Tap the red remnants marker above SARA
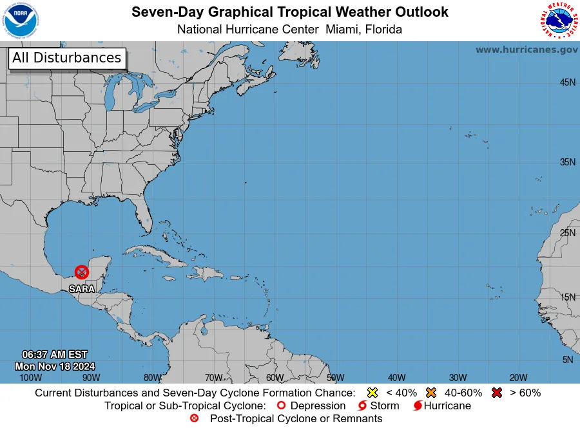click(x=82, y=272)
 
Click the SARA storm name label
click(x=82, y=289)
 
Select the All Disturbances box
click(x=66, y=58)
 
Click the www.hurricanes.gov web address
click(x=527, y=50)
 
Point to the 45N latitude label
click(x=567, y=82)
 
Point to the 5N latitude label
click(x=567, y=360)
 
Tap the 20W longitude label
click(x=518, y=378)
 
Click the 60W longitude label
click(x=275, y=378)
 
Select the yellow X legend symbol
click(x=372, y=393)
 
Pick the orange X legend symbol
click(x=431, y=393)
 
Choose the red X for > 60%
click(x=496, y=393)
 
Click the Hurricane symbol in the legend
click(x=418, y=406)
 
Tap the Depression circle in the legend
click(x=280, y=406)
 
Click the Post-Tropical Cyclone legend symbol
click(x=194, y=418)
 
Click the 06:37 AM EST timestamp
click(x=55, y=355)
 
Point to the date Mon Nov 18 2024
click(x=55, y=366)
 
